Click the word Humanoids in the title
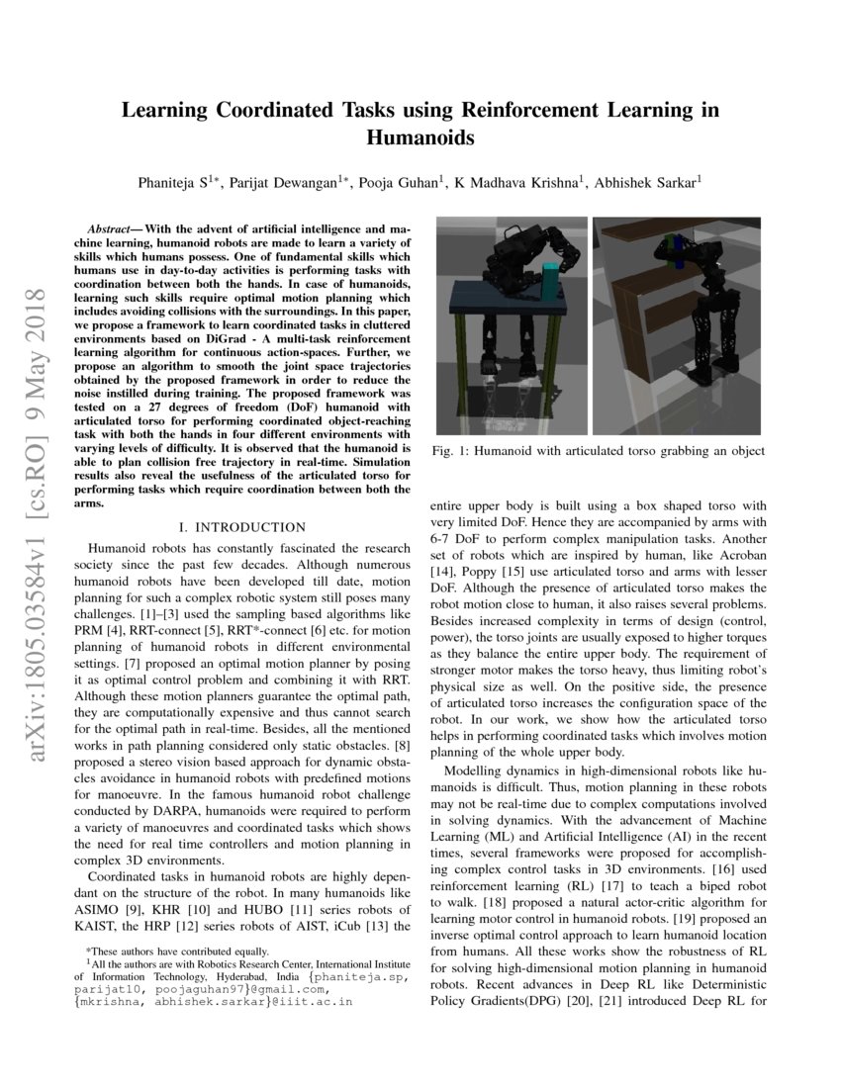(420, 138)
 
